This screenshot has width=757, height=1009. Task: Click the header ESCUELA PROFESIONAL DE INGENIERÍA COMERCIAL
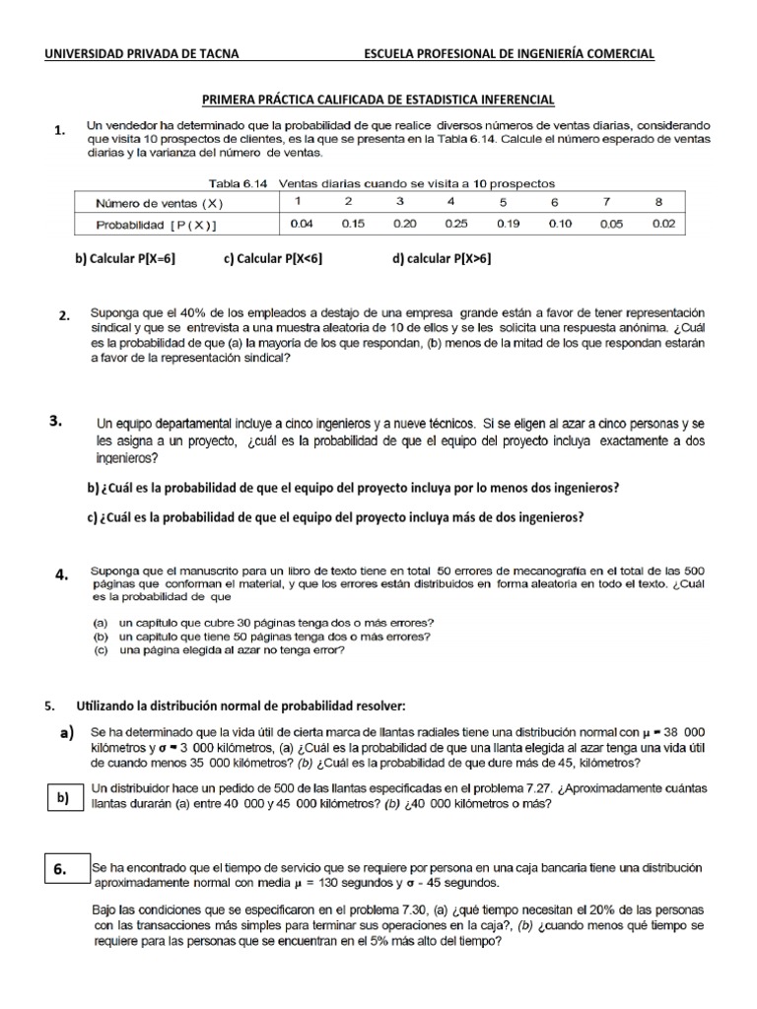(x=509, y=55)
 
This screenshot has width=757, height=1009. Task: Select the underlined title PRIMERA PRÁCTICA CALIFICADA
(x=378, y=100)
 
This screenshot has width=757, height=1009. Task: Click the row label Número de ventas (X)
(x=159, y=203)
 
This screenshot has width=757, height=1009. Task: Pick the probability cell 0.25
(x=455, y=224)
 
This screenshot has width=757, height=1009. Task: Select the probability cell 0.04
(x=301, y=224)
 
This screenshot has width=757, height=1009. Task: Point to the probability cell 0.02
(x=663, y=224)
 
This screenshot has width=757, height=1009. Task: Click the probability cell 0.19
(x=507, y=224)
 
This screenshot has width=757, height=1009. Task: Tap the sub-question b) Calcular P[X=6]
(x=125, y=259)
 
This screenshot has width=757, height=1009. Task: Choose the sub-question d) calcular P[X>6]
(x=442, y=259)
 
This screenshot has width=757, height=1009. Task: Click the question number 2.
(x=63, y=316)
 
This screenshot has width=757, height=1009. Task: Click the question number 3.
(x=57, y=422)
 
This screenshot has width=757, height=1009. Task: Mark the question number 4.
(x=61, y=575)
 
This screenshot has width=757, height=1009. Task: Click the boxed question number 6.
(x=60, y=869)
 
